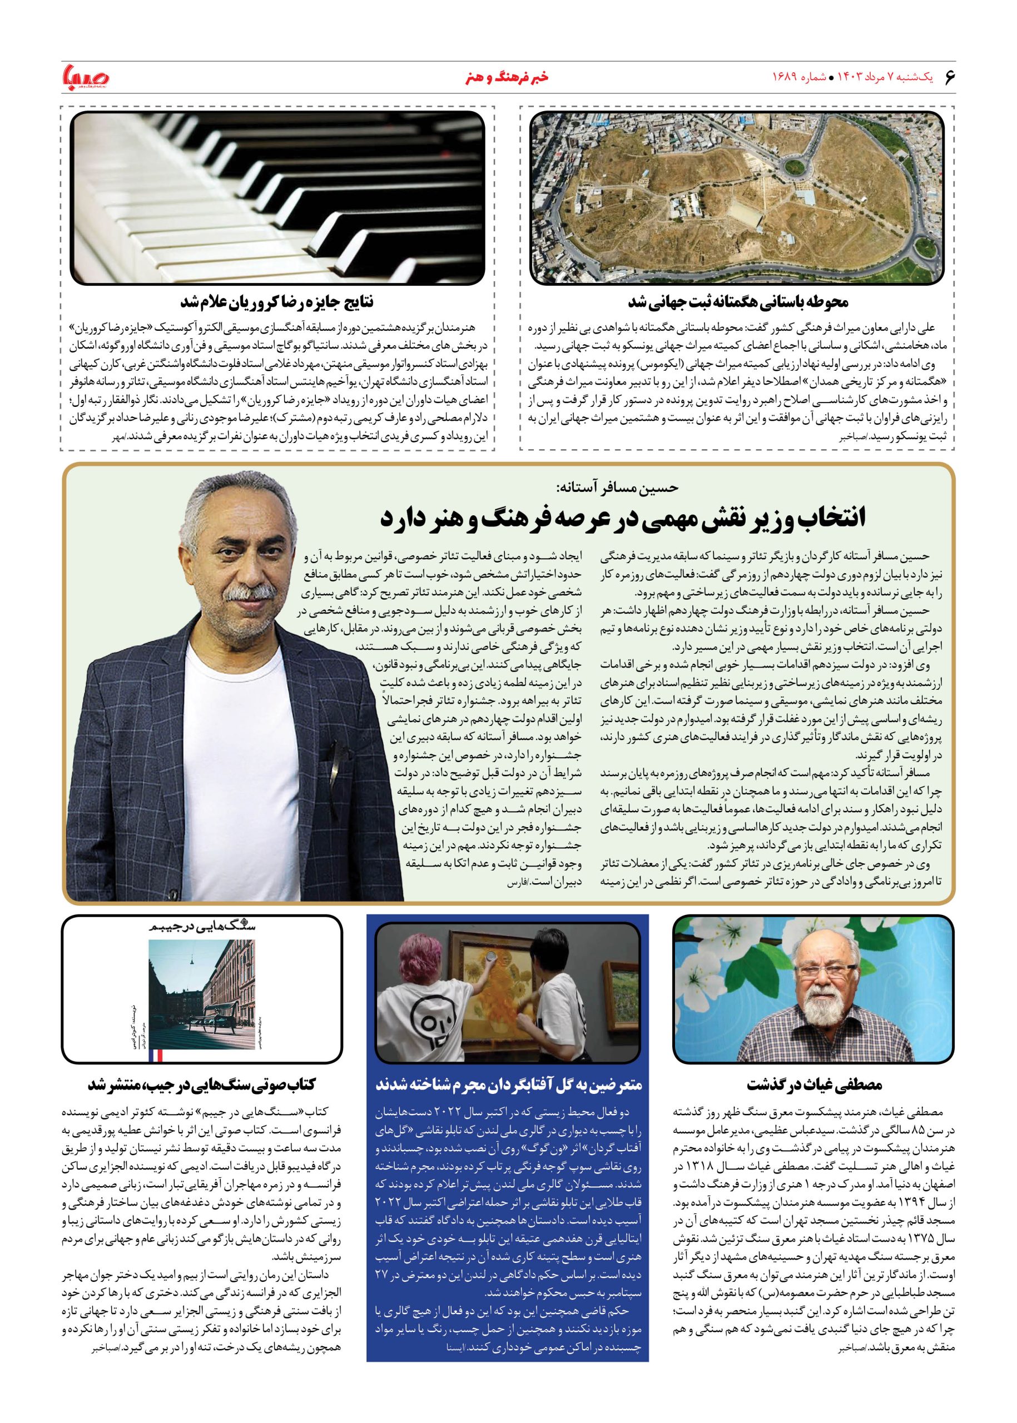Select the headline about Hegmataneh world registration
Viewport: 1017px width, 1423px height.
(x=737, y=302)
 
